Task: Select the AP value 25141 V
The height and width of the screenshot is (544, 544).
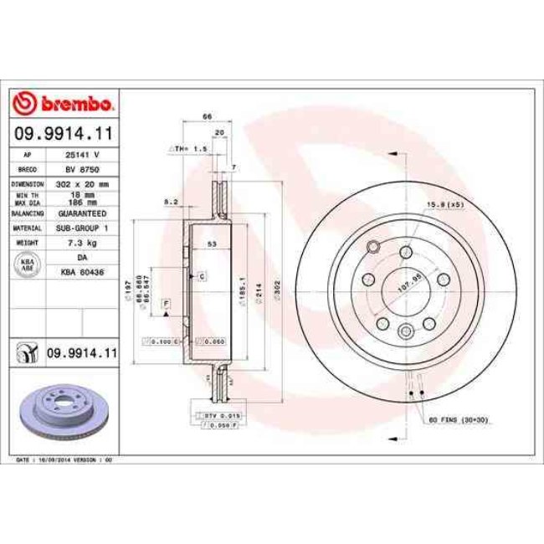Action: click(x=83, y=155)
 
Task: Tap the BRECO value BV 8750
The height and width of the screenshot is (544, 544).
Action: click(x=83, y=168)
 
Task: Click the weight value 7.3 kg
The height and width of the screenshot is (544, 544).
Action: click(x=83, y=243)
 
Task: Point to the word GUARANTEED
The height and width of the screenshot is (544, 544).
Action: click(x=83, y=213)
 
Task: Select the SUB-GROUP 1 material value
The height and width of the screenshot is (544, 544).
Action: click(x=83, y=228)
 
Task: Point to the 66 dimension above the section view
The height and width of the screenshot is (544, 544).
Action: click(x=206, y=118)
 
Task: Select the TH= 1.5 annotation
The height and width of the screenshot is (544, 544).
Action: click(x=188, y=148)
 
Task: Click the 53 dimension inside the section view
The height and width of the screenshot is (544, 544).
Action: click(x=213, y=244)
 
